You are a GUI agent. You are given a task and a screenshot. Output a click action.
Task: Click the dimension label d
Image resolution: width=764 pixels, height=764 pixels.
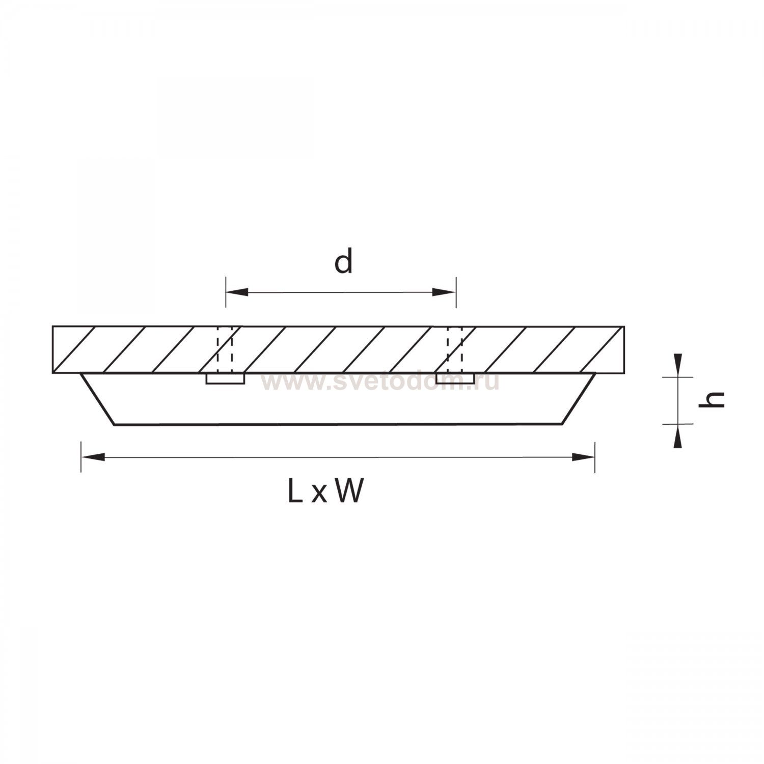(343, 262)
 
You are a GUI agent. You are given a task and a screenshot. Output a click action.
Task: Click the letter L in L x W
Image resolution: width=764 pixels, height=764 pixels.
(294, 492)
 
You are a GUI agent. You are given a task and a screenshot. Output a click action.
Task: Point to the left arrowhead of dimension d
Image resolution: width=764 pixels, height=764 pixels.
(237, 292)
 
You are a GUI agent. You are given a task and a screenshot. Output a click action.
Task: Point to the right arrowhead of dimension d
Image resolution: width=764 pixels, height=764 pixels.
(444, 292)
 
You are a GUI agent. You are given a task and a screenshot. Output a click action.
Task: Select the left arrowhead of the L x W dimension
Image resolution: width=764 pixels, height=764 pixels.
(93, 457)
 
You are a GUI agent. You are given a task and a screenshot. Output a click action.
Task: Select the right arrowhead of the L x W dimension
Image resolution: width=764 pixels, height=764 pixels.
(583, 457)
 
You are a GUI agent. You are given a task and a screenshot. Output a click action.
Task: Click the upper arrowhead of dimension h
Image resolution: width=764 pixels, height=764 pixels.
(677, 365)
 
